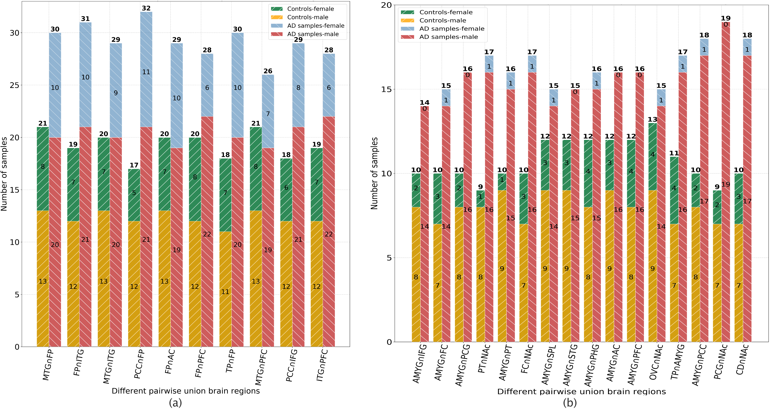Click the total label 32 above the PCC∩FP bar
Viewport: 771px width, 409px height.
146,8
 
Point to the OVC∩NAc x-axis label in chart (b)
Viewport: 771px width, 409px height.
656,362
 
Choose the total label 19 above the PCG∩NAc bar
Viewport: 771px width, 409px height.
726,18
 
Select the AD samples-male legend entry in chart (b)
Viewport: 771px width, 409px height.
448,37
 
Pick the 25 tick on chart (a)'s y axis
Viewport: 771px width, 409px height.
14,85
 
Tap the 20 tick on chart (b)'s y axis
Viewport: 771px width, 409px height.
386,5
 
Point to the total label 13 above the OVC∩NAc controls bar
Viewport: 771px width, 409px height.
652,119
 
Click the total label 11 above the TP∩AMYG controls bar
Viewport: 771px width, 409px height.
674,153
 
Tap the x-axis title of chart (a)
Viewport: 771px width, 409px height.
186,391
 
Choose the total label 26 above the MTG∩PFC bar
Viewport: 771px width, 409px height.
268,71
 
